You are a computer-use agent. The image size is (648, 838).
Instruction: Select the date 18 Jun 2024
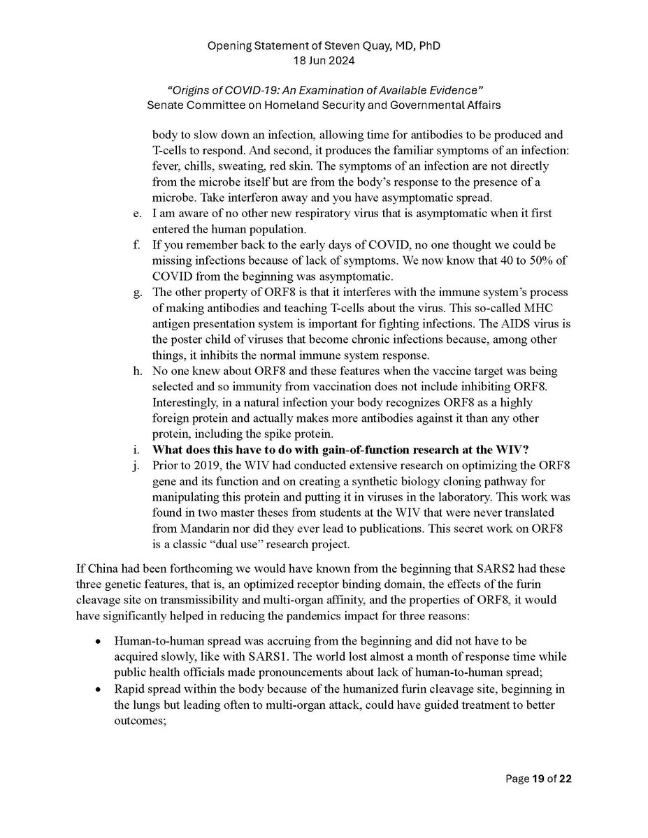click(324, 61)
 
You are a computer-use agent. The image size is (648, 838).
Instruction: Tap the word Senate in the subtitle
click(166, 106)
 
